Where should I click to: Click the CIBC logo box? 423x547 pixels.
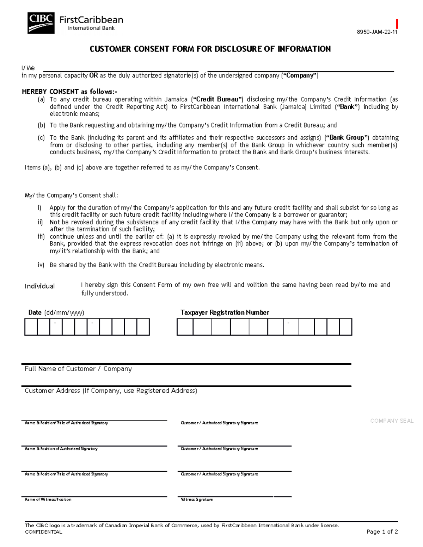pyautogui.click(x=41, y=23)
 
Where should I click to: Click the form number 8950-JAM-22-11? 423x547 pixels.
pyautogui.click(x=377, y=32)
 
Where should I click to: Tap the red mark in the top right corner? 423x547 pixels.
pyautogui.click(x=397, y=24)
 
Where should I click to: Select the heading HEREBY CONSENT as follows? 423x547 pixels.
pyautogui.click(x=69, y=92)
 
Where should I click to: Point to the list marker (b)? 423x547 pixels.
pyautogui.click(x=41, y=125)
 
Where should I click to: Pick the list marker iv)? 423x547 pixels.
pyautogui.click(x=41, y=265)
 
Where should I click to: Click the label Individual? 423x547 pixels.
pyautogui.click(x=39, y=286)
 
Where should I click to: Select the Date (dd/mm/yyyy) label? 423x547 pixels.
pyautogui.click(x=56, y=312)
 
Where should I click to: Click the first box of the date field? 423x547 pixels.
pyautogui.click(x=31, y=327)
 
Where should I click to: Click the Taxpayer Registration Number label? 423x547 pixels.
pyautogui.click(x=225, y=312)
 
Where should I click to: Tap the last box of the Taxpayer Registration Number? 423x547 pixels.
pyautogui.click(x=345, y=327)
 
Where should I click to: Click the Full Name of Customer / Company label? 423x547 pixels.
pyautogui.click(x=78, y=369)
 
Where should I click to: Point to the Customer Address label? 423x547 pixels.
pyautogui.click(x=111, y=391)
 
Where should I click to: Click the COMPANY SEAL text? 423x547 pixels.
pyautogui.click(x=392, y=421)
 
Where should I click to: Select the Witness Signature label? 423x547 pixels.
pyautogui.click(x=197, y=499)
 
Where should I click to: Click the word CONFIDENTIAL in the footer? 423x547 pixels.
pyautogui.click(x=43, y=532)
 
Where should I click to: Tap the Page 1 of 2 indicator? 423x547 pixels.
pyautogui.click(x=382, y=532)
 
